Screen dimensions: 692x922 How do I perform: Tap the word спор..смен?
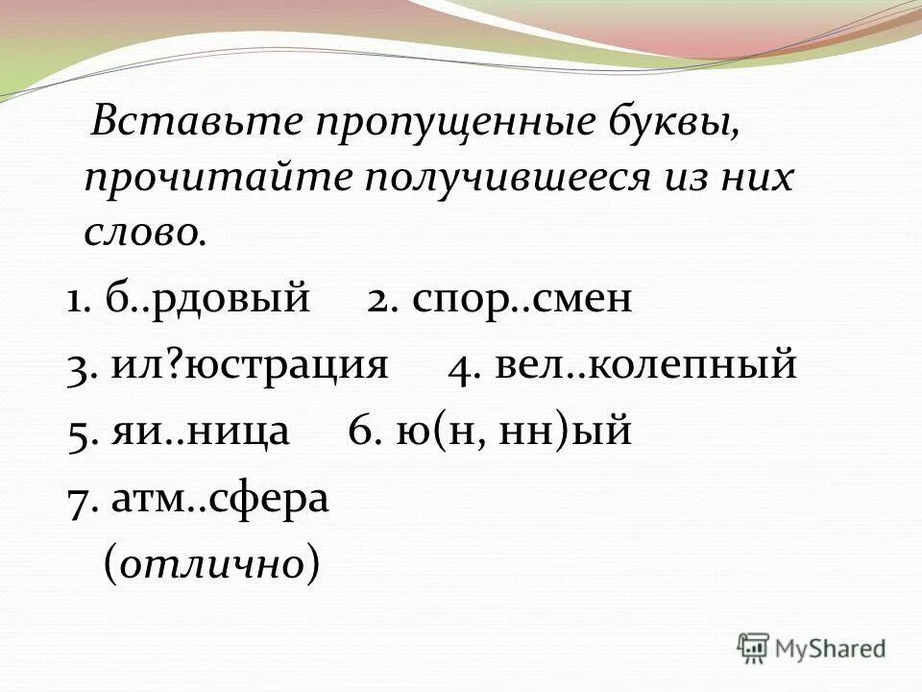tap(523, 300)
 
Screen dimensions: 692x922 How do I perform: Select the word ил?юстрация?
tap(250, 366)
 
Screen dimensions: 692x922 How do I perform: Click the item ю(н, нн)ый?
tap(513, 432)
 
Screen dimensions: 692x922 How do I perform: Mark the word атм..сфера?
tap(220, 499)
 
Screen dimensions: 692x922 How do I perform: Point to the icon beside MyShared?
tap(753, 648)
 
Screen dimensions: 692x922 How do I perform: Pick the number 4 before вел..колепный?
tap(459, 367)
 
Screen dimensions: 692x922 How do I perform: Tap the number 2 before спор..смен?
tap(376, 301)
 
